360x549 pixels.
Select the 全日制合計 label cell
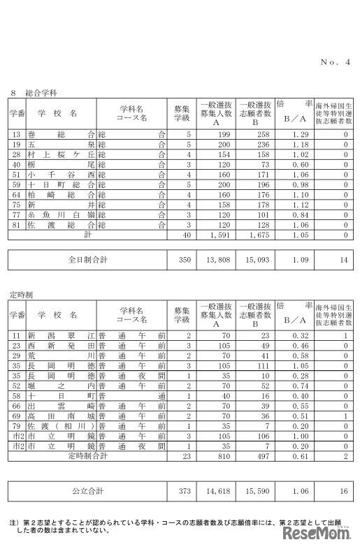(x=87, y=259)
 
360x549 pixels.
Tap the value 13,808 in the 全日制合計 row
(x=213, y=259)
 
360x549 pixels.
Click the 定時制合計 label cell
(x=87, y=455)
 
